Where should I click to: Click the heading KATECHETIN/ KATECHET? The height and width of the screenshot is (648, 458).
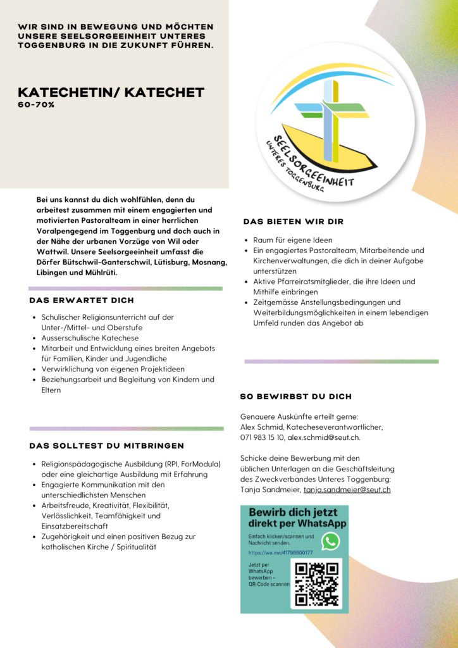[x=111, y=92]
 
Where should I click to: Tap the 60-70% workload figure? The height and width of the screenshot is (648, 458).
[x=36, y=105]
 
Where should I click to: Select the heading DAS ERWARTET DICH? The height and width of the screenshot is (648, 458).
[x=82, y=300]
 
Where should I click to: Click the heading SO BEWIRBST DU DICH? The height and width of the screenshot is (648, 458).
[x=296, y=397]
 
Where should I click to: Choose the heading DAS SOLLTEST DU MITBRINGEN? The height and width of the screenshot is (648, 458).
[x=107, y=445]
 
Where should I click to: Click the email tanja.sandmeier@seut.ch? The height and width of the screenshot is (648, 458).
[x=347, y=489]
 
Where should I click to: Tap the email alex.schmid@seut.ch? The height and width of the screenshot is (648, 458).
[x=324, y=437]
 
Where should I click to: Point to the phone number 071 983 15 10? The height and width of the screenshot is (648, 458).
[x=261, y=437]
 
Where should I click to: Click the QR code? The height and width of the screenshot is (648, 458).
[x=317, y=583]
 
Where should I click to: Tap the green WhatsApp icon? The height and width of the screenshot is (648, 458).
[x=330, y=541]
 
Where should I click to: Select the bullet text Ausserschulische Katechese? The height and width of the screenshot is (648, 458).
[x=90, y=338]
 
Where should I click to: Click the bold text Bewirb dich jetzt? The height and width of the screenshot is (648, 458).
[x=293, y=512]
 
